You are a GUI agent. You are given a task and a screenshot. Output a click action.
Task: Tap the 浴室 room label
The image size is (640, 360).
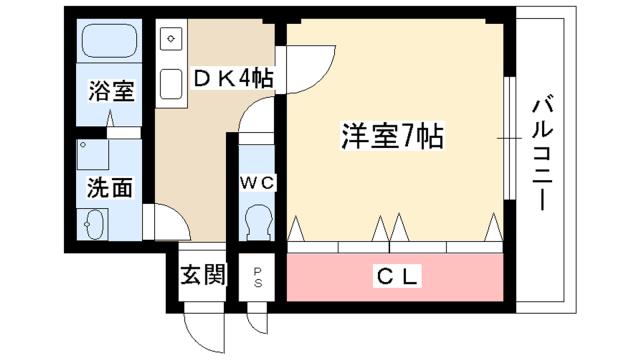tap(110, 91)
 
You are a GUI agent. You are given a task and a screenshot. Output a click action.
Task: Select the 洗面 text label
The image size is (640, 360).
tap(110, 188)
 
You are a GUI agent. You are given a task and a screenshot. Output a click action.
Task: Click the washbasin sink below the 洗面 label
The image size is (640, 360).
tap(96, 226)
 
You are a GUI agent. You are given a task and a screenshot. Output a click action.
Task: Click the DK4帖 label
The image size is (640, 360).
tap(233, 76)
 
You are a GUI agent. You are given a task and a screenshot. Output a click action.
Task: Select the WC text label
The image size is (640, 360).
tap(257, 182)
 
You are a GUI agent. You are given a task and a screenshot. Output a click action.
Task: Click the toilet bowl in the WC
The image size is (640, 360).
tap(258, 218)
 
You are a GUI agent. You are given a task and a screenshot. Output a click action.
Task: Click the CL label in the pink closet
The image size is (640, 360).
tap(395, 274)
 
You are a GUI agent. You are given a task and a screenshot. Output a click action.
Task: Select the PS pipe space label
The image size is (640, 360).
tap(257, 275)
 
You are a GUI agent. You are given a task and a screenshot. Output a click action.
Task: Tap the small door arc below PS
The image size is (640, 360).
tap(257, 320)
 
